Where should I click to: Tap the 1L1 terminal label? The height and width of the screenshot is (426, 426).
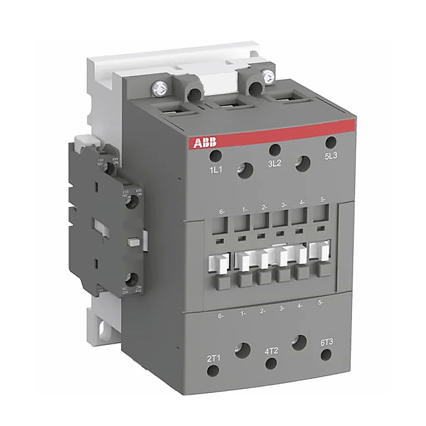(x=215, y=170)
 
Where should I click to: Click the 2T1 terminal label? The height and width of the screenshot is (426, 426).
(x=213, y=358)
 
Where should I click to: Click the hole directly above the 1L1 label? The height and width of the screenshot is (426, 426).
(x=216, y=155)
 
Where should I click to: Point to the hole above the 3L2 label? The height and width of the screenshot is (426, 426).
(x=274, y=149)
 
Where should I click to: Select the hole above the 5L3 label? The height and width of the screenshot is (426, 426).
(x=331, y=142)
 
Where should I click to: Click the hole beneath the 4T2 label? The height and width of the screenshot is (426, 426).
(x=271, y=363)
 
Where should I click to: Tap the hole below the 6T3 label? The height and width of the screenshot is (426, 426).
(x=326, y=355)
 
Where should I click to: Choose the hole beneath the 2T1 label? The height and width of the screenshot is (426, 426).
(x=213, y=371)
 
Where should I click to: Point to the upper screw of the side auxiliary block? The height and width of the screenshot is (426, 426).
(x=135, y=201)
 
